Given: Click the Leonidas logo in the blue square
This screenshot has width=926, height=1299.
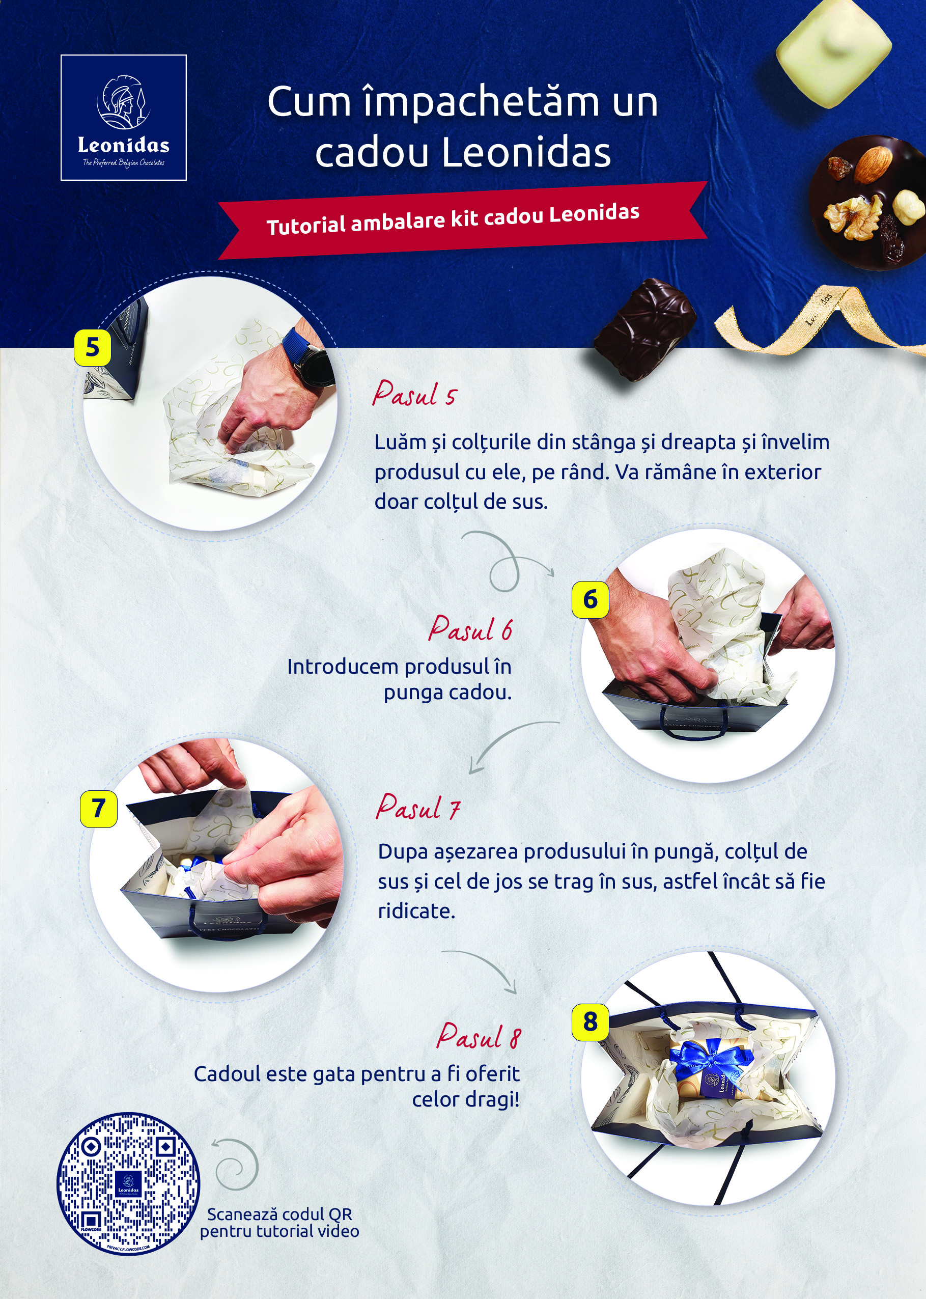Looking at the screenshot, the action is [x=124, y=118].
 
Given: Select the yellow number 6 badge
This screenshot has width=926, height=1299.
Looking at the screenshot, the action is [x=590, y=599].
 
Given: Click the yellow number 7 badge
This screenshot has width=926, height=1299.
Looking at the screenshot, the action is [x=99, y=809].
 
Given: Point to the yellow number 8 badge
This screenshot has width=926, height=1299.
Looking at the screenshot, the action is [x=590, y=1021].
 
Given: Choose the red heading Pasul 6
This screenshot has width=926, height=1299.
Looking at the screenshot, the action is [x=470, y=628].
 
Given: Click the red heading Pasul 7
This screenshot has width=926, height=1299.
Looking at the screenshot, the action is [x=418, y=807].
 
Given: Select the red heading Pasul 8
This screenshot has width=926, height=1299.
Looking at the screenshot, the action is [x=479, y=1034].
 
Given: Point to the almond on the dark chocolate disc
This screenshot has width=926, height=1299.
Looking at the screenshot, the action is [x=873, y=165].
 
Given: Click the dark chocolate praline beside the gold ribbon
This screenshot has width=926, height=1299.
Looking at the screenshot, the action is [x=645, y=329].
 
